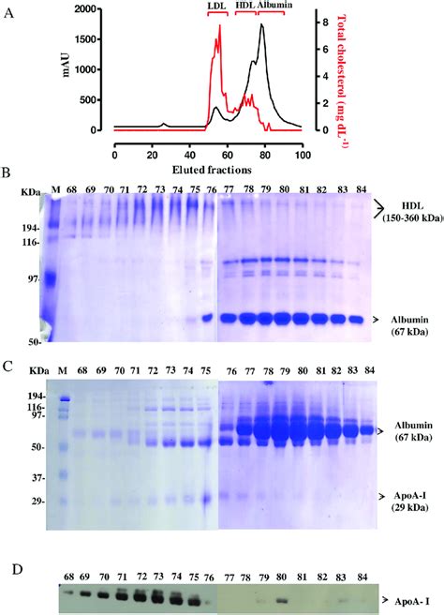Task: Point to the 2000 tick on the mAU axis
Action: [x=90, y=9]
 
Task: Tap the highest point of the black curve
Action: [x=261, y=24]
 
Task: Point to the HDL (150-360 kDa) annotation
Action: [x=407, y=212]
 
